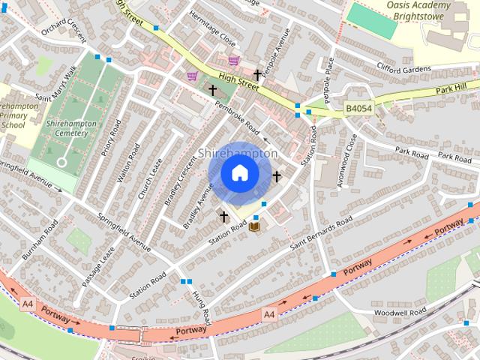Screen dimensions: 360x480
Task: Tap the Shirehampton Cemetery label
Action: pyautogui.click(x=67, y=128)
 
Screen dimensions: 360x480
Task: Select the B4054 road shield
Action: pyautogui.click(x=358, y=109)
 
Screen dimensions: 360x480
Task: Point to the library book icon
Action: pyautogui.click(x=255, y=225)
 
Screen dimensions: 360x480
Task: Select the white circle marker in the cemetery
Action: pyautogui.click(x=61, y=161)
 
